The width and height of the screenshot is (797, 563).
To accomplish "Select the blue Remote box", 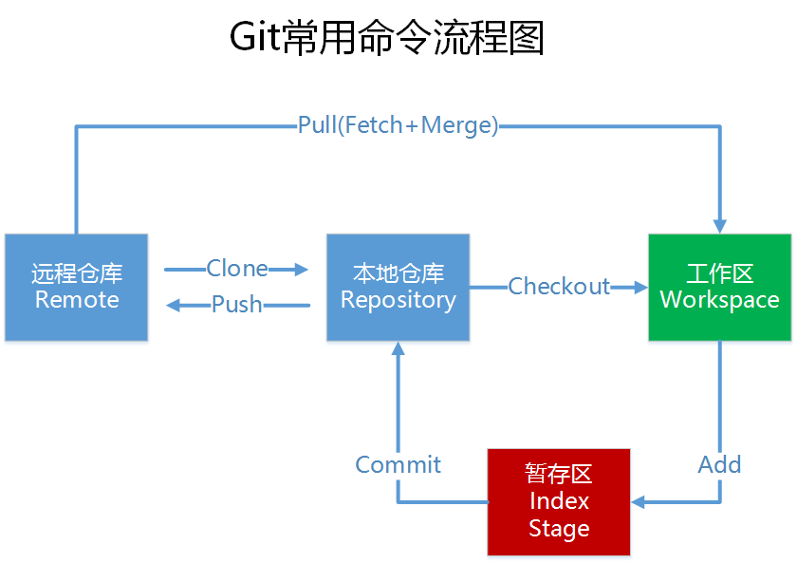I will coord(76,287).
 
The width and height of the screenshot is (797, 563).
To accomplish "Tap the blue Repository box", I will coord(398,287).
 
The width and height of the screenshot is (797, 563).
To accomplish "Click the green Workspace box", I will coord(719,287).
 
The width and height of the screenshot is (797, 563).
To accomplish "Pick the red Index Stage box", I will coord(559,501).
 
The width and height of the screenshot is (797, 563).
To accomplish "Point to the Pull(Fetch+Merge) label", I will coord(398,125).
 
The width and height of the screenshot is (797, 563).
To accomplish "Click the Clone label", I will coord(237,270).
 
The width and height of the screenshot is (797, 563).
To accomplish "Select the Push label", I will coord(237,305).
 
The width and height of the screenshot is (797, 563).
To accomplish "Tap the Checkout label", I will coord(559,286).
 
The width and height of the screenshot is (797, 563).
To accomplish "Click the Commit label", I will coord(398,464).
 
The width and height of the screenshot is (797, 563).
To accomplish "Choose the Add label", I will coord(719,464).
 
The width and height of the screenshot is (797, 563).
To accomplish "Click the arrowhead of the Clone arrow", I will coord(303,270).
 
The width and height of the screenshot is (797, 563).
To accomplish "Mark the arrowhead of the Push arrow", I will coord(173,305).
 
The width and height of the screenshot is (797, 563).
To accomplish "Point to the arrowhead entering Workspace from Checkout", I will coord(640,286).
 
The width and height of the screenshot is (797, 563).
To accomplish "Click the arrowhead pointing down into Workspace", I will coord(719,226).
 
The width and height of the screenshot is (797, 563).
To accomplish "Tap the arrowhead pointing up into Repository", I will coord(398,348).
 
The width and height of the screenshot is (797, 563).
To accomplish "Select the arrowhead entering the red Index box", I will coord(639,501).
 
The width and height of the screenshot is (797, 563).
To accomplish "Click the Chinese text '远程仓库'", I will coord(76,274).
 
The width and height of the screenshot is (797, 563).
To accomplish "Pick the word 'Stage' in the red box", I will coord(559,528).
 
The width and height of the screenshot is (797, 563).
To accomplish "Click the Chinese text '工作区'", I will coord(719,274).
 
